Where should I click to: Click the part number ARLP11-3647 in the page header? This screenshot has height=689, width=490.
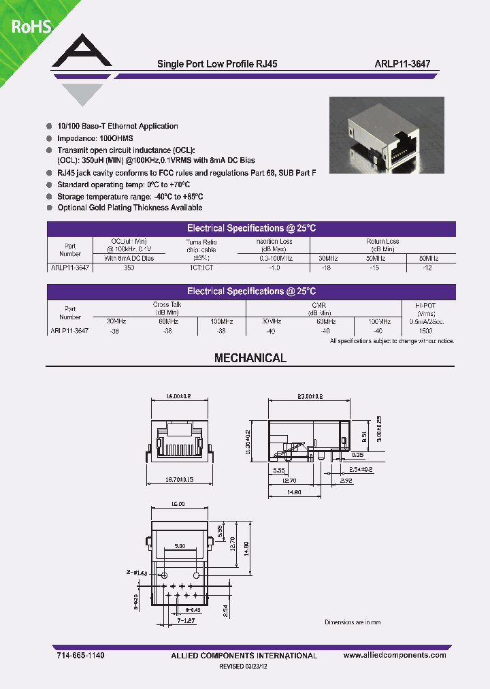(402, 63)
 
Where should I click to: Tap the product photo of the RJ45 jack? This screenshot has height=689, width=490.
(387, 133)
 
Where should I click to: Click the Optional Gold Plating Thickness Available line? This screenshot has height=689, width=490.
(129, 208)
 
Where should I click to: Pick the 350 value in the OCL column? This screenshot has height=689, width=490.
(129, 268)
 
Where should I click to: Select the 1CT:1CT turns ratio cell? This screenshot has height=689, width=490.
(201, 268)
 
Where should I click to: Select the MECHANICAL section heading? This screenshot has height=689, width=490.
(250, 358)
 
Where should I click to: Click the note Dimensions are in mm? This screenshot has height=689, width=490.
(353, 622)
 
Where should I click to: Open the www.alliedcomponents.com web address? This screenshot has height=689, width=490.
(395, 655)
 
